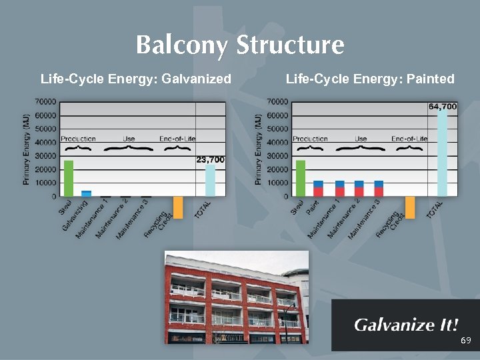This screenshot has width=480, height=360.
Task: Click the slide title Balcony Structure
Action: (240, 45)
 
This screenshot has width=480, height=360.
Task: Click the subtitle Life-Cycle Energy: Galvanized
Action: (136, 79)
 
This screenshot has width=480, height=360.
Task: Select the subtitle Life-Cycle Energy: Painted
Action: (370, 79)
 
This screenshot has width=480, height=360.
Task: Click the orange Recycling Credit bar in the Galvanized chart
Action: (178, 207)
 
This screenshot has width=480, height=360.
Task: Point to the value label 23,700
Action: (210, 160)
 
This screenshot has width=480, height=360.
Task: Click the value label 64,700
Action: (442, 106)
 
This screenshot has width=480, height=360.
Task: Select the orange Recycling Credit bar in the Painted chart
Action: (410, 207)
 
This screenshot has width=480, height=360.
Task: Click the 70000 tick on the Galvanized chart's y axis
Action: (45, 102)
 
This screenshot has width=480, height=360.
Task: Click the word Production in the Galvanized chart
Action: (78, 139)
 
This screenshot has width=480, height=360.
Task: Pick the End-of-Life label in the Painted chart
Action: (409, 139)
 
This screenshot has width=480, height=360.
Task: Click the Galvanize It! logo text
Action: (406, 325)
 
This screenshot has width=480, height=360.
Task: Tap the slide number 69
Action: (465, 341)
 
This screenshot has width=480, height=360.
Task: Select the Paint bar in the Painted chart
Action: (318, 188)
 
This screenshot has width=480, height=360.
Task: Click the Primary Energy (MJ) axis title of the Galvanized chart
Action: (27, 148)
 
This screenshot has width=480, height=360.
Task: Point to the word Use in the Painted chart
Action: (361, 139)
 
